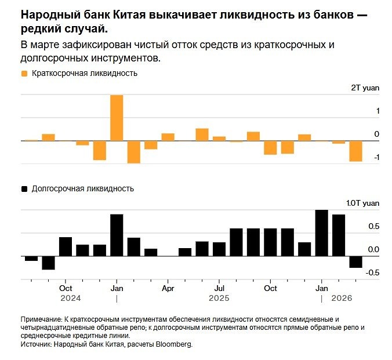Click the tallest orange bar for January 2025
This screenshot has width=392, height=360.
(x=117, y=118)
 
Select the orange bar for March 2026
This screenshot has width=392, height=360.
(x=355, y=151)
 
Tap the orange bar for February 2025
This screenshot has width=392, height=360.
(x=134, y=152)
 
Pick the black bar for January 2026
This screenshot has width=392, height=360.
(x=321, y=233)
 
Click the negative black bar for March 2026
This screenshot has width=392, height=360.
(x=355, y=262)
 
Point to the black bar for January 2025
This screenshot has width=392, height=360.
(x=117, y=235)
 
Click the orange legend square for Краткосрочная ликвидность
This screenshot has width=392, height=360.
(x=24, y=74)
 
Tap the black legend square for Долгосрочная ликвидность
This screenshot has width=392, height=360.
(x=24, y=188)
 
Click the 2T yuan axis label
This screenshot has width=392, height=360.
(x=365, y=88)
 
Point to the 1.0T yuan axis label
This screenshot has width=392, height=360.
(x=363, y=203)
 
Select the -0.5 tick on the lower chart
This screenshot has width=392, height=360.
(x=373, y=272)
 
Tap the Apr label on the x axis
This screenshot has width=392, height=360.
(x=168, y=288)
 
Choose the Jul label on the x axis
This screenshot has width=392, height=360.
(x=220, y=288)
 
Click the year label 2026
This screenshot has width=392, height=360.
(x=343, y=298)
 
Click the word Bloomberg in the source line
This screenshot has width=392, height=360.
(x=172, y=344)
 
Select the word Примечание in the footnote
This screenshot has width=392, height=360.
(x=41, y=319)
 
